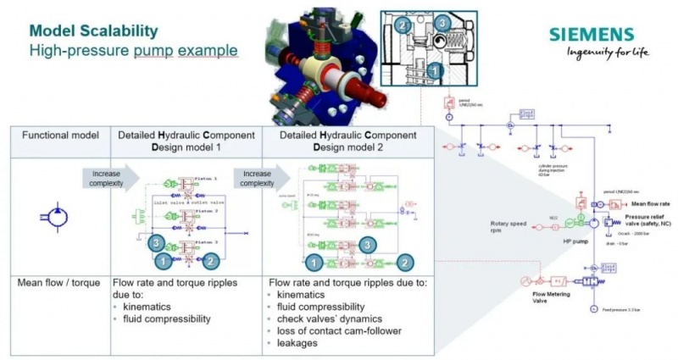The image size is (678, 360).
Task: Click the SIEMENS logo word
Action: click(591, 35)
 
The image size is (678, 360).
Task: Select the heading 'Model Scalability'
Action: click(93, 30)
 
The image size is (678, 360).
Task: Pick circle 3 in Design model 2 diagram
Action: click(366, 244)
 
